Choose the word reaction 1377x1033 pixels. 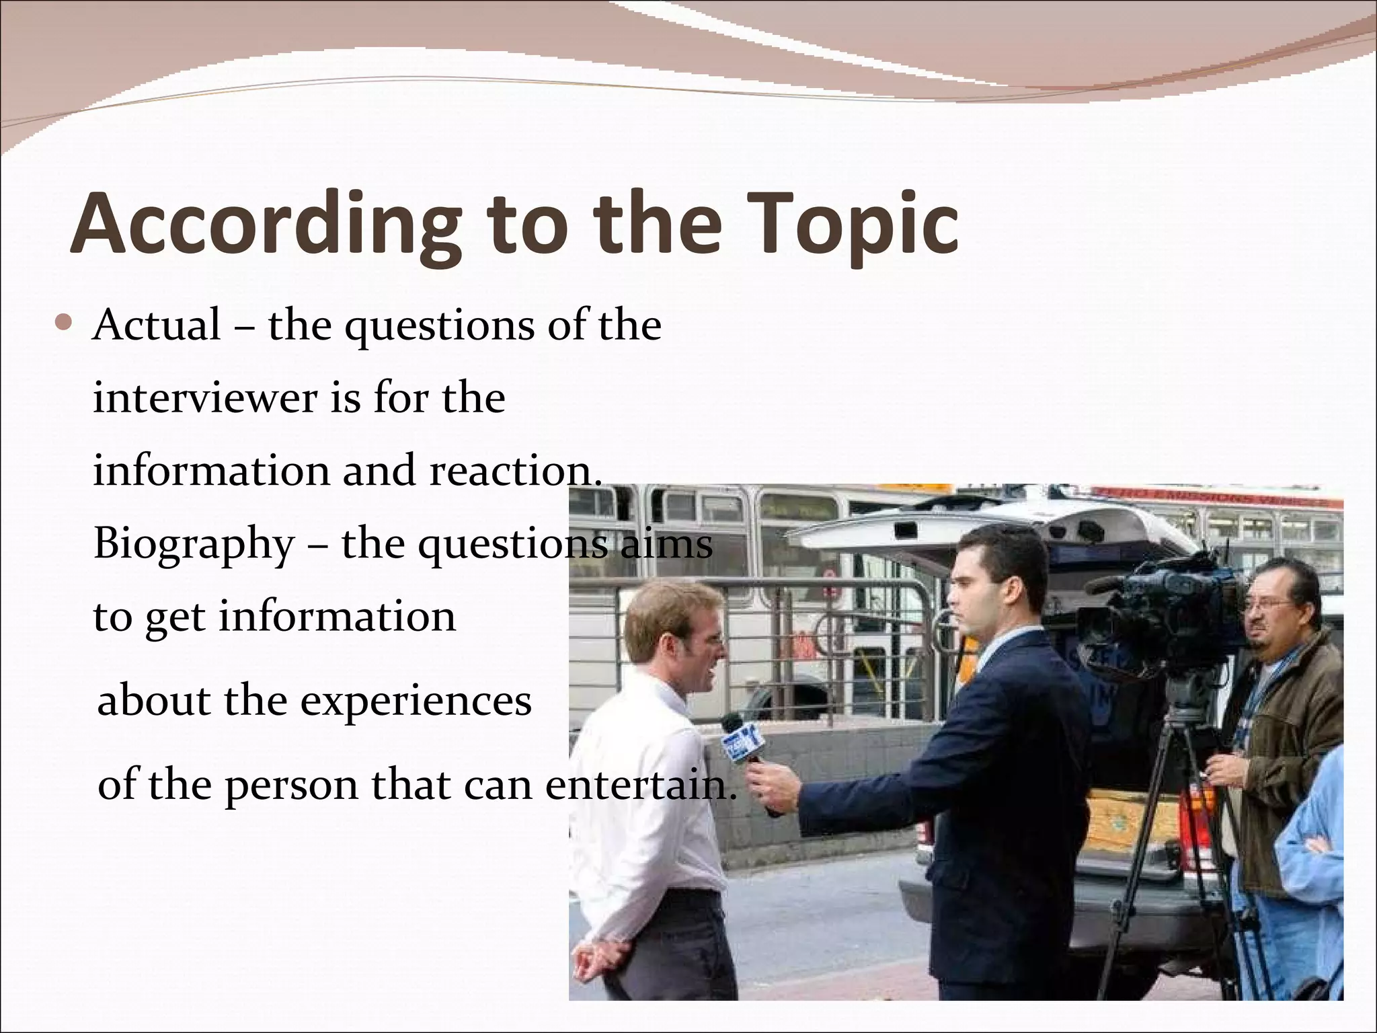515,471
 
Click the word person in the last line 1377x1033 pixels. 291,785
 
